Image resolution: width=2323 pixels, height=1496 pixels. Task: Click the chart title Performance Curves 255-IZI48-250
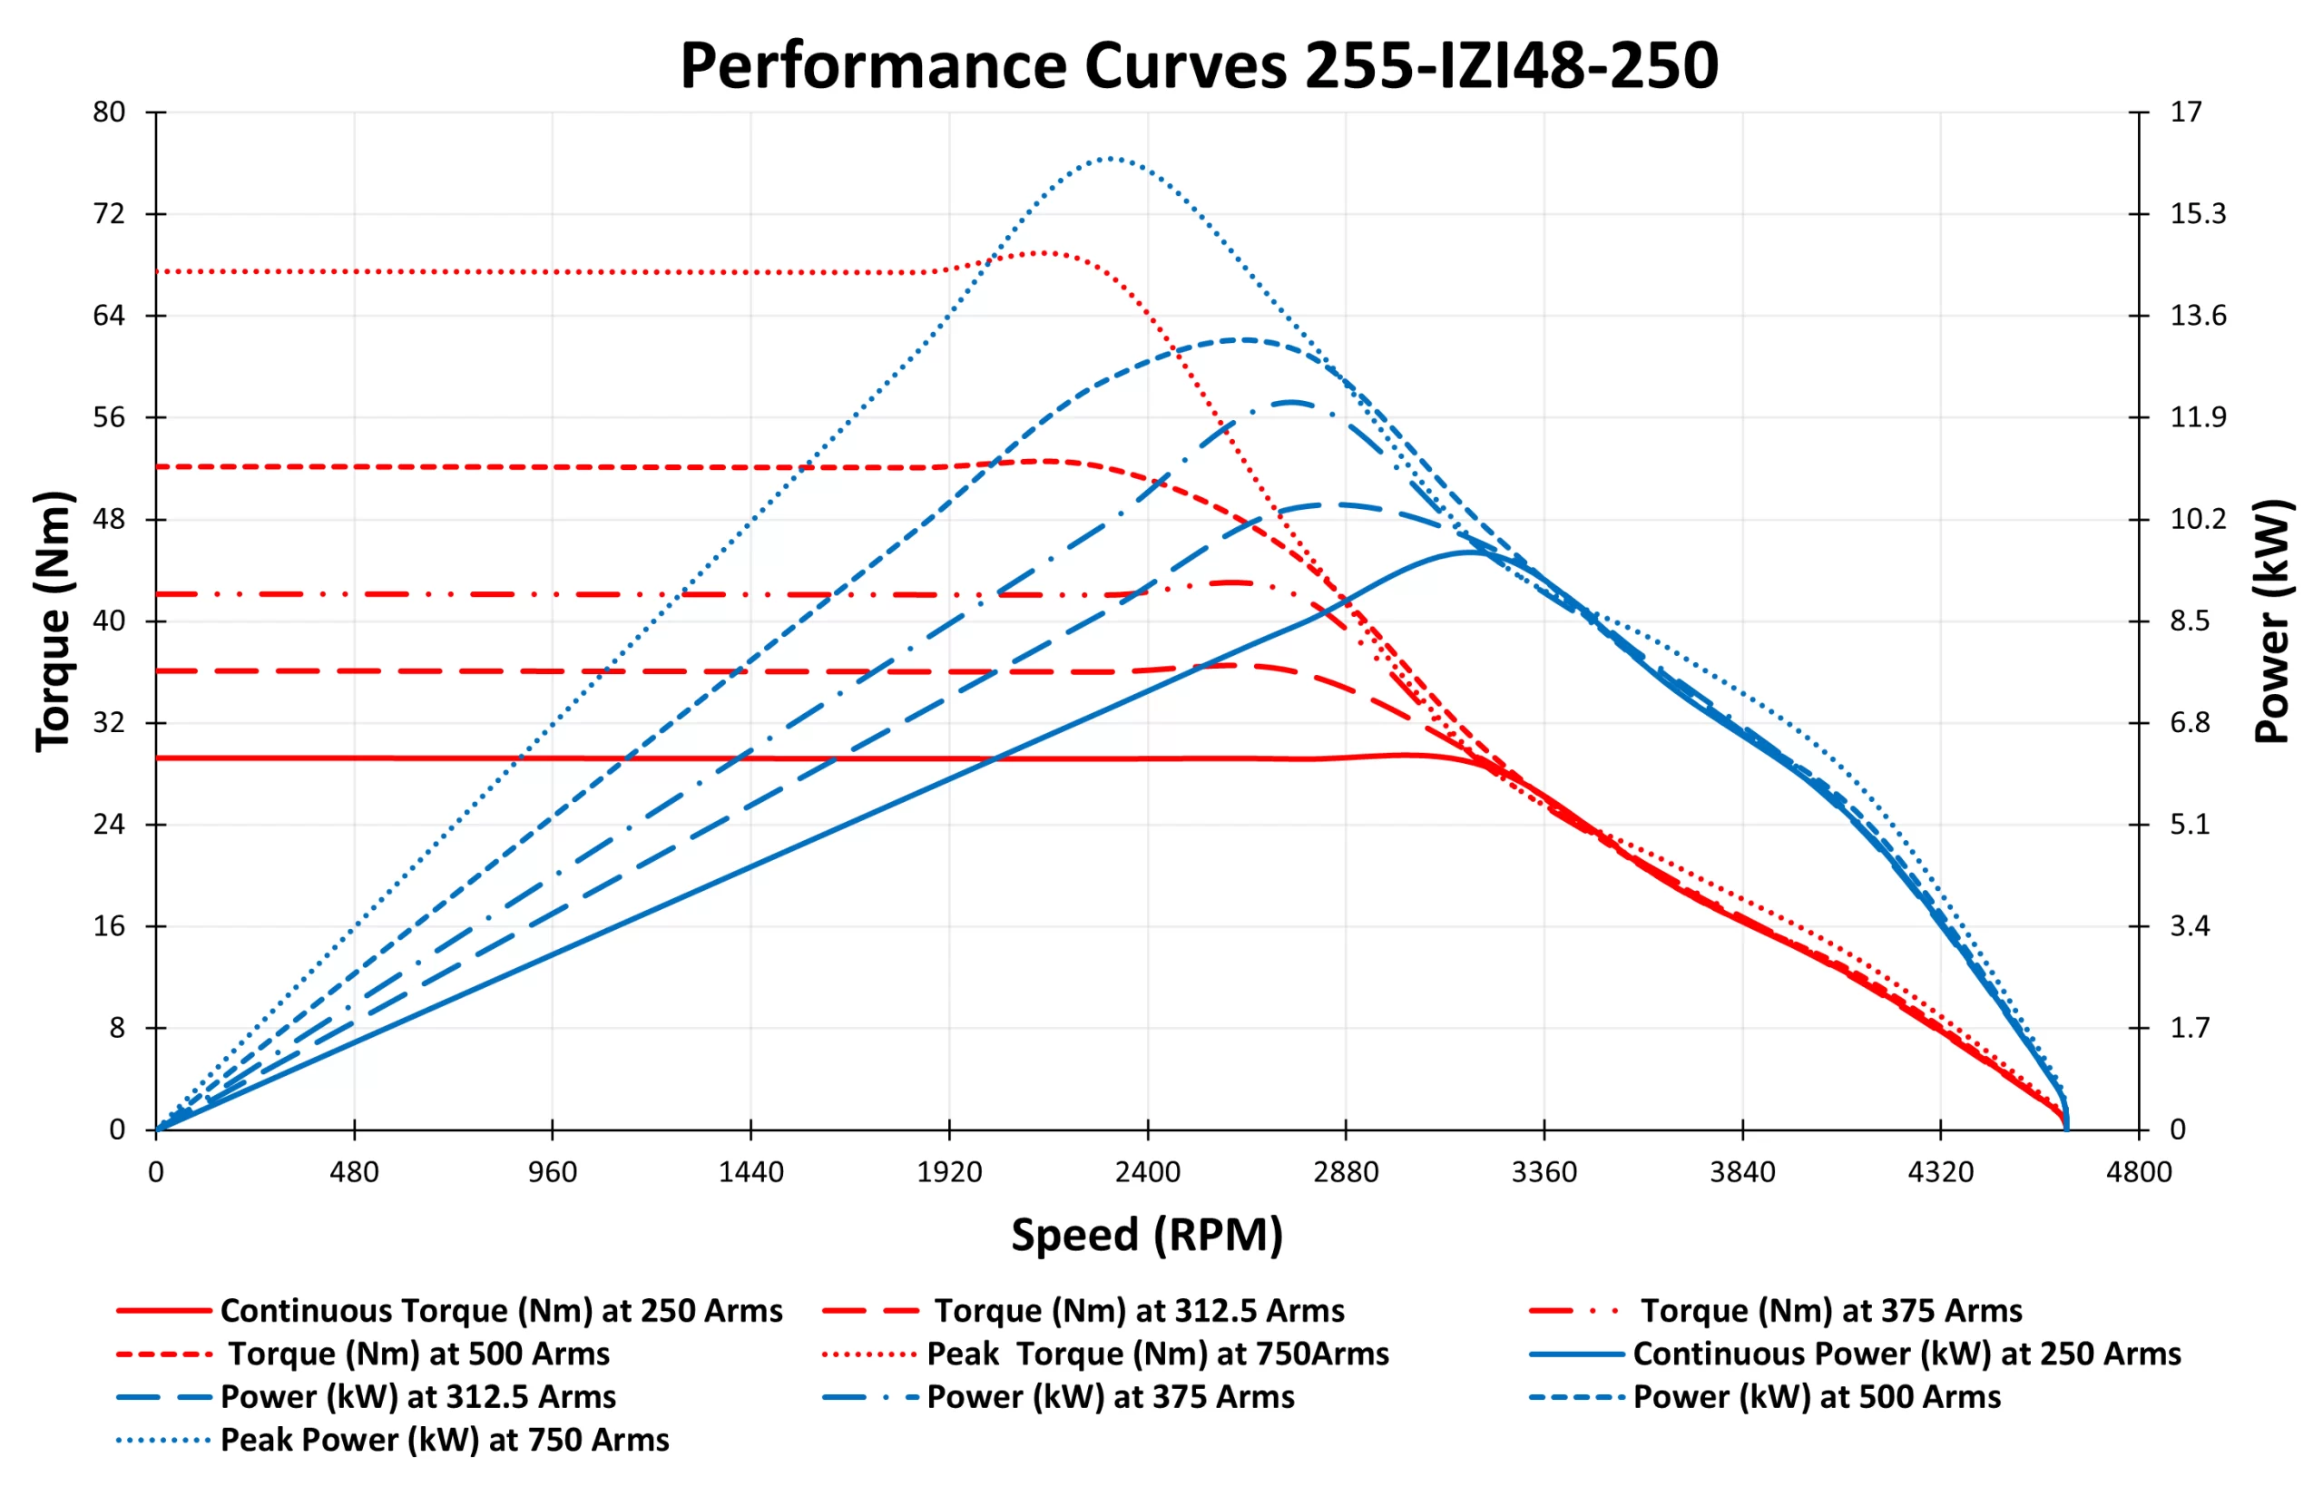coord(1198,66)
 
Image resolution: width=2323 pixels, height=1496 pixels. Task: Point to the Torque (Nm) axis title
coord(54,621)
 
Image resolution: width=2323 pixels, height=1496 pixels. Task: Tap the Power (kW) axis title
coord(2271,621)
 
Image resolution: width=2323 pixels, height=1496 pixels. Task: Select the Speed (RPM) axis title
coord(1146,1235)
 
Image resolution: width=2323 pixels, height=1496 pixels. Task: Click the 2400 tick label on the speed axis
coord(1147,1171)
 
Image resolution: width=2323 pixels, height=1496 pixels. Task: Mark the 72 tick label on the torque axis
coord(109,214)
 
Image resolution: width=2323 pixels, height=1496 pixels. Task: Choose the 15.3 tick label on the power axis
coord(2198,214)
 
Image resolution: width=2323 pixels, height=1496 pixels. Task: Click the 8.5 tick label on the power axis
coord(2190,621)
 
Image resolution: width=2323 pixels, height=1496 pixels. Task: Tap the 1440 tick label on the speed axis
coord(750,1171)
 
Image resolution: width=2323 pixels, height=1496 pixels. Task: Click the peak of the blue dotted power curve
coord(1110,157)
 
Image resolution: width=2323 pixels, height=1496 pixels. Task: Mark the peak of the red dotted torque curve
coord(1044,252)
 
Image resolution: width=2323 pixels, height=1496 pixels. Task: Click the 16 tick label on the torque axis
coord(109,925)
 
